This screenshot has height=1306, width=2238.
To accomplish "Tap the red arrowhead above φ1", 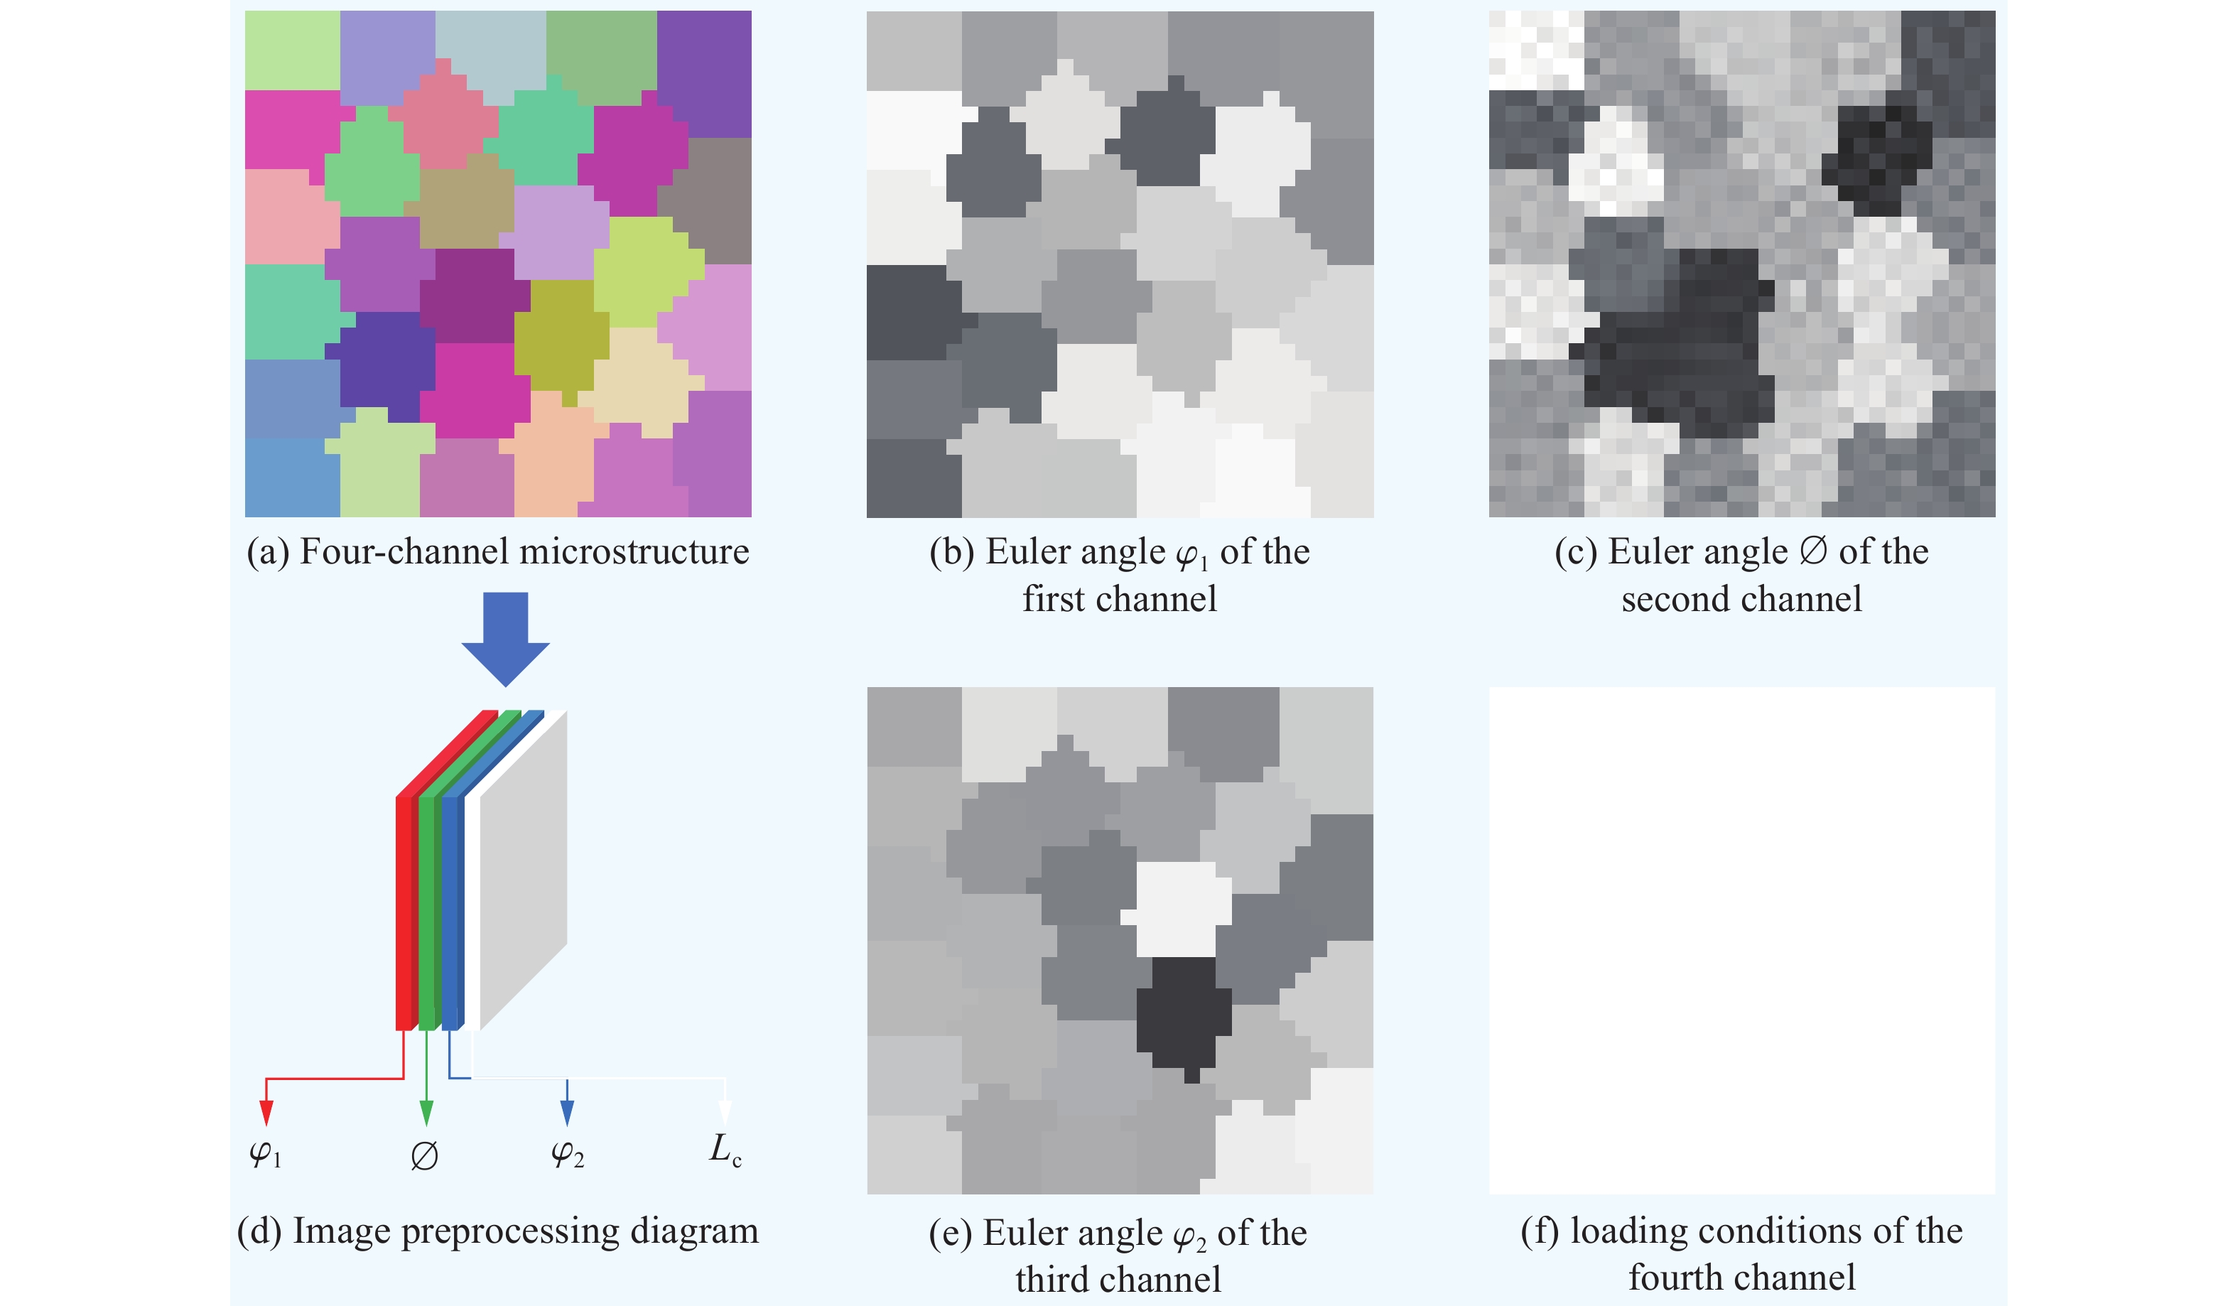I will (x=266, y=1112).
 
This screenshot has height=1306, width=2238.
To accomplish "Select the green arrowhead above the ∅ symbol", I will (x=426, y=1112).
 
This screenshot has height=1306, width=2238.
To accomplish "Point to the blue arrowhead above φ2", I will (x=568, y=1112).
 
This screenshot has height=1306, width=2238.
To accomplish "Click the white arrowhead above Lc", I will (x=725, y=1112).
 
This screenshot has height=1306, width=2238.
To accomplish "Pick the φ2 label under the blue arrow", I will (x=568, y=1154).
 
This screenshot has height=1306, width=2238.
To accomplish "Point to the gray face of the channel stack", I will (x=524, y=870).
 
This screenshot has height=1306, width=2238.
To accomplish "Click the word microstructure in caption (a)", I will (x=634, y=551).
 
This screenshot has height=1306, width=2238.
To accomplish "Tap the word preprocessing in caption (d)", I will (x=511, y=1232).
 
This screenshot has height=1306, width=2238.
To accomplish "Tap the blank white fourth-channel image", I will (x=1741, y=940).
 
